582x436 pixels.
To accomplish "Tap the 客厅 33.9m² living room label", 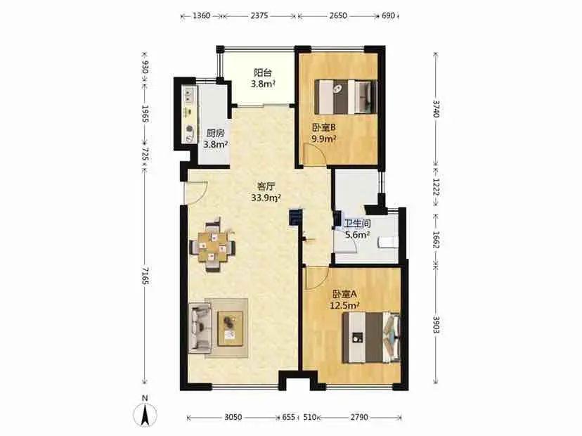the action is (266, 192).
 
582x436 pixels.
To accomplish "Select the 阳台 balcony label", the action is (263, 78).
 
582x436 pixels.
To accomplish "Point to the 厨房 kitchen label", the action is (215, 139).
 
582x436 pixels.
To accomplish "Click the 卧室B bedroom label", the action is (324, 134).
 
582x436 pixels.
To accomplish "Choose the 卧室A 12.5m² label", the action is (344, 300).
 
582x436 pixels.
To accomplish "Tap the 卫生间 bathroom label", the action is (357, 229).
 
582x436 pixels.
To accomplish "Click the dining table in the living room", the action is (213, 245).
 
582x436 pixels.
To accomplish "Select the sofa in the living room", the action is (200, 328).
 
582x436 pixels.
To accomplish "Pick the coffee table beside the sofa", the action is (230, 328).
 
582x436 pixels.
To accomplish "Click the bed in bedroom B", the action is (346, 96).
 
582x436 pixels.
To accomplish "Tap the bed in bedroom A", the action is (372, 338).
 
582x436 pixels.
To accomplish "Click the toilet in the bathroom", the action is (388, 243).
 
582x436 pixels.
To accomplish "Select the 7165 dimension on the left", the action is (145, 276).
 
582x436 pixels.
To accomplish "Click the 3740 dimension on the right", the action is (436, 108).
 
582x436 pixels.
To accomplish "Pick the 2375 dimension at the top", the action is (259, 15).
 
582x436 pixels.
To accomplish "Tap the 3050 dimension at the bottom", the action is (233, 418).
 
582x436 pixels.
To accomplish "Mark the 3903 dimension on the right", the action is (436, 325).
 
